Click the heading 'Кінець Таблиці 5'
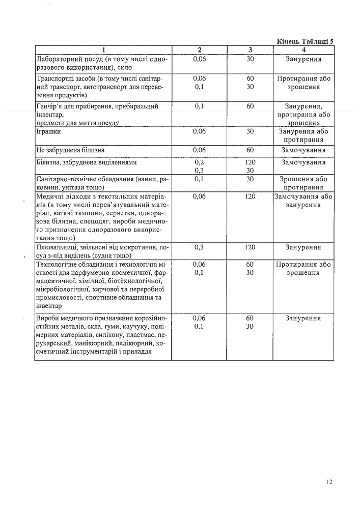pos(305,41)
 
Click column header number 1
pos(103,50)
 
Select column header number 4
pos(303,50)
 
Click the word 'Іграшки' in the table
pos(49,132)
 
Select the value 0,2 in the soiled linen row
pos(200,162)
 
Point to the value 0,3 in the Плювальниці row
pos(200,247)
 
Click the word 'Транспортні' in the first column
pos(56,79)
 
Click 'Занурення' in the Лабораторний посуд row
pos(303,59)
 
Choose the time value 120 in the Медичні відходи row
pos(250,196)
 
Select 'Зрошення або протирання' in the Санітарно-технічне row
pos(303,183)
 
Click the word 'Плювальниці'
pos(57,247)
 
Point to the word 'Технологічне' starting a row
pos(57,265)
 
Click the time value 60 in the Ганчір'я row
pos(250,106)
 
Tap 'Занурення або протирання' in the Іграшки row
pos(303,136)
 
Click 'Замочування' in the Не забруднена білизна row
pos(303,151)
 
